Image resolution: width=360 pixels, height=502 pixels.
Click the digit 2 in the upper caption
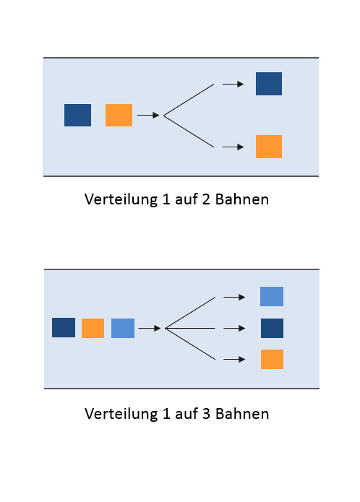pyautogui.click(x=205, y=199)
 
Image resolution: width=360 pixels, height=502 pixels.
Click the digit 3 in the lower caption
pyautogui.click(x=206, y=414)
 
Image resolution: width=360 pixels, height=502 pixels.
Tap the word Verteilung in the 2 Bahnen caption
pyautogui.click(x=121, y=200)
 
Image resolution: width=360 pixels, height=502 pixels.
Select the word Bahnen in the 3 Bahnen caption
pyautogui.click(x=242, y=414)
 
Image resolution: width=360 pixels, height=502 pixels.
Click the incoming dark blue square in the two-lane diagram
pyautogui.click(x=77, y=115)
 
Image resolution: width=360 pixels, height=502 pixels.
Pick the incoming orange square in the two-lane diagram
pyautogui.click(x=119, y=115)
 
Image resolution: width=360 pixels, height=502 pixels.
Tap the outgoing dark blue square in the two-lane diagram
pyautogui.click(x=269, y=84)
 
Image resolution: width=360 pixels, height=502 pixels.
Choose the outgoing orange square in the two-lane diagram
pyautogui.click(x=269, y=147)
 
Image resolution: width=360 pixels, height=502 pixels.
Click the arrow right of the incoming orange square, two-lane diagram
pyautogui.click(x=148, y=115)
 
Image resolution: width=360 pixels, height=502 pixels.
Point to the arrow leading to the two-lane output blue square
pyautogui.click(x=233, y=84)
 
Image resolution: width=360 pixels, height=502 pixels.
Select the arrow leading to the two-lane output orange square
pyautogui.click(x=233, y=147)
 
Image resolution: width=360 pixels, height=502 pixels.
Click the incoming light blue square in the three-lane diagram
pyautogui.click(x=123, y=328)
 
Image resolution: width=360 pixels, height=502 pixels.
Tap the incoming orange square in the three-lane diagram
pyautogui.click(x=93, y=328)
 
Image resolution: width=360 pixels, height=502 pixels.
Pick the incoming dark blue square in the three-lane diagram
pyautogui.click(x=64, y=327)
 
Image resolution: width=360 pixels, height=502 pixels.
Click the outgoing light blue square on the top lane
pyautogui.click(x=272, y=296)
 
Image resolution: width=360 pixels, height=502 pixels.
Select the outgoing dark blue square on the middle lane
pyautogui.click(x=272, y=328)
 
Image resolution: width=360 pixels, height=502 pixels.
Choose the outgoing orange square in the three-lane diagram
pyautogui.click(x=272, y=359)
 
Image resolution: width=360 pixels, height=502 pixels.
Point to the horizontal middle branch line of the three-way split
pyautogui.click(x=190, y=328)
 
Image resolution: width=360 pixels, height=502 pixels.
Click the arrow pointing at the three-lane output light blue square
pyautogui.click(x=234, y=297)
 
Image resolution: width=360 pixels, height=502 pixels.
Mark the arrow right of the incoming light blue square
pyautogui.click(x=150, y=328)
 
